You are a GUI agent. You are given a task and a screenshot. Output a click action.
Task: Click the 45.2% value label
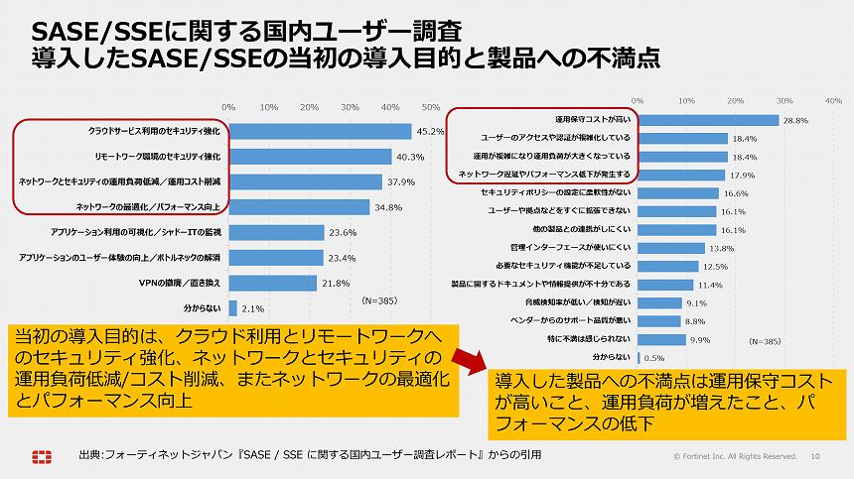(430, 131)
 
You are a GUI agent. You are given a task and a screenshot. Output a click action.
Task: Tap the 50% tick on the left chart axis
(431, 107)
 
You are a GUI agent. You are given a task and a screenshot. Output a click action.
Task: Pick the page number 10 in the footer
(815, 456)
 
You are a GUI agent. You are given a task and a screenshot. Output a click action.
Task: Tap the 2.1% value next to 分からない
(252, 308)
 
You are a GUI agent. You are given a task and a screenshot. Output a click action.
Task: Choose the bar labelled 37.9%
(305, 181)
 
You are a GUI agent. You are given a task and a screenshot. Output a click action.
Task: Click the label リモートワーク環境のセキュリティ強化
(151, 157)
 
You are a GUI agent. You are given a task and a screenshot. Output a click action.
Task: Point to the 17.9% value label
(742, 175)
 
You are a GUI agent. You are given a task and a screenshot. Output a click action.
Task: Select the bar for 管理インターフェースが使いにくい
(671, 248)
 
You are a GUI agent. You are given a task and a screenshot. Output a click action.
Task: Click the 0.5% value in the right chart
(654, 357)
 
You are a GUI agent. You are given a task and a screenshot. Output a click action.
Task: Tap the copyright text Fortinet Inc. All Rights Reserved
(735, 456)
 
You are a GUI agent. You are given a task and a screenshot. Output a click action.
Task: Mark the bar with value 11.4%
(665, 285)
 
